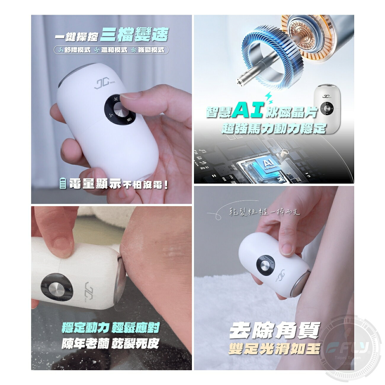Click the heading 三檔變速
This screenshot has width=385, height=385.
pyautogui.click(x=134, y=35)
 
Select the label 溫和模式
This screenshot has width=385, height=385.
pyautogui.click(x=110, y=50)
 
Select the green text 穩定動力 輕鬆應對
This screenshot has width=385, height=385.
pyautogui.click(x=110, y=328)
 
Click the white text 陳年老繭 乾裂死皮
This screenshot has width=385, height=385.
pyautogui.click(x=110, y=343)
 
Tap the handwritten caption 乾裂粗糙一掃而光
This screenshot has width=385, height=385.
pyautogui.click(x=264, y=212)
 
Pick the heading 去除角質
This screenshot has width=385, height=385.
pyautogui.click(x=275, y=331)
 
